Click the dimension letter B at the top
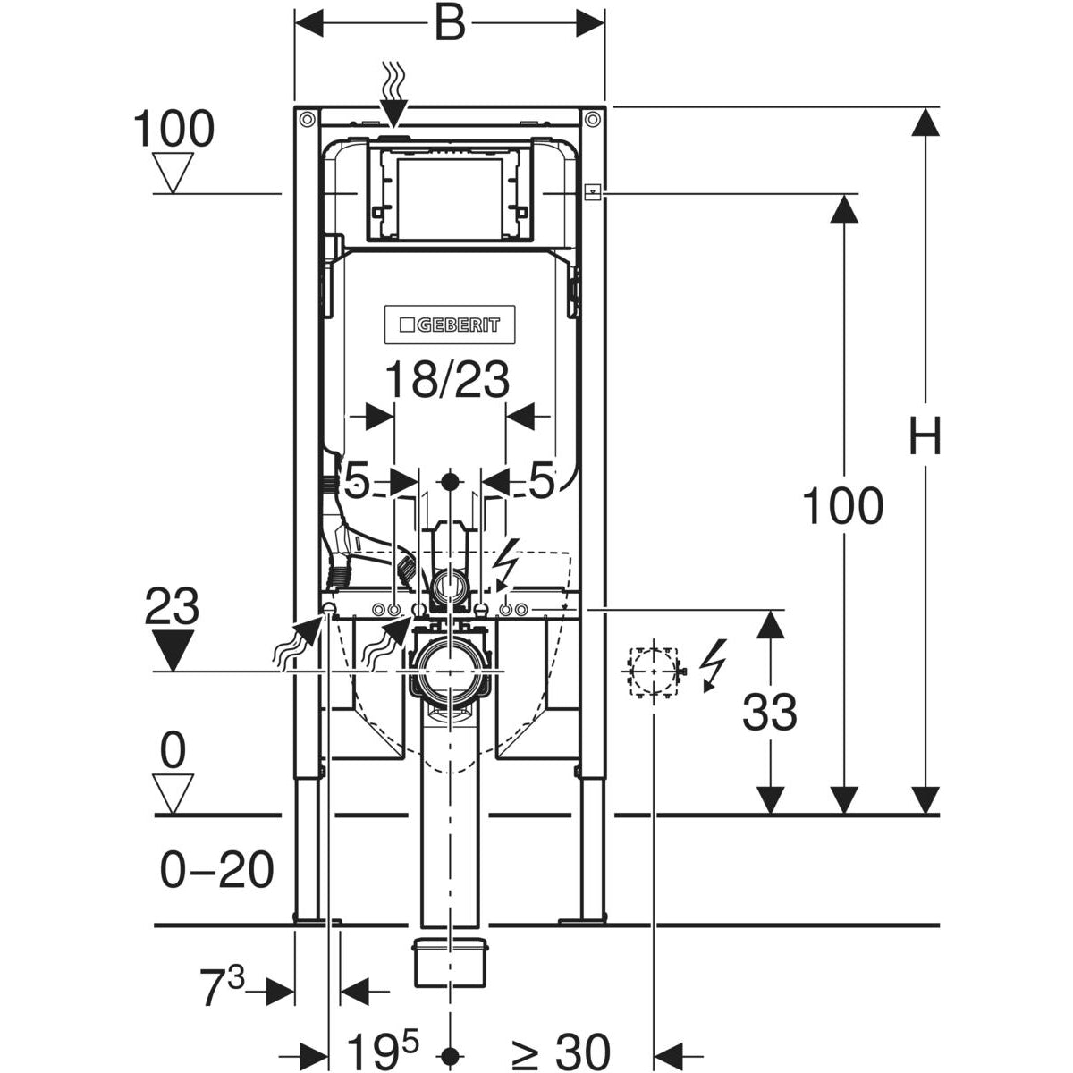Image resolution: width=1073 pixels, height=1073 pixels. tap(450, 24)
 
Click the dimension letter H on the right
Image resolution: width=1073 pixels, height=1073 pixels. tap(925, 438)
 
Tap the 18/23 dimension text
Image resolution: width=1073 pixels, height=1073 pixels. tap(447, 380)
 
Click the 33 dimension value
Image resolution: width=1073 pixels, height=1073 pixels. tap(769, 713)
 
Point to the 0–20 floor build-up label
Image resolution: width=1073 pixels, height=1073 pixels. tap(216, 869)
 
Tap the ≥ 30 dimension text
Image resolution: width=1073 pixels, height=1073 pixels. tap(561, 1051)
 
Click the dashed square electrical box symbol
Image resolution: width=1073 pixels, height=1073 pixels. tap(653, 671)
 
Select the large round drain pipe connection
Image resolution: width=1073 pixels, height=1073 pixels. tap(449, 669)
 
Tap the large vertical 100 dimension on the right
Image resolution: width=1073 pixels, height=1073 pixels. tap(841, 507)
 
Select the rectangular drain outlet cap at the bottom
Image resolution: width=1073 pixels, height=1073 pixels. tap(449, 962)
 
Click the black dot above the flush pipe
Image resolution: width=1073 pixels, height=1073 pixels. tap(450, 482)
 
